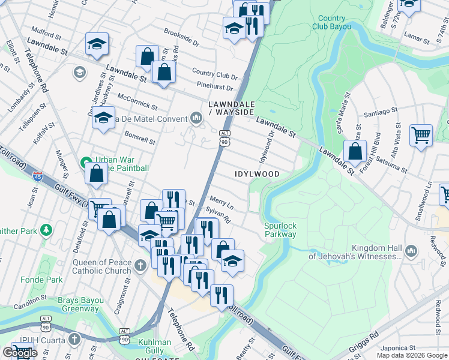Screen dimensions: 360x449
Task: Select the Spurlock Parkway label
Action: (281, 230)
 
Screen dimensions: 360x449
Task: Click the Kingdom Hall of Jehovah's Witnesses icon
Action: (411, 251)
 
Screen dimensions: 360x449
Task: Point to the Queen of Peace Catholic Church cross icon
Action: (140, 265)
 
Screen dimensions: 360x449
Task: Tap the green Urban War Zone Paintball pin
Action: (86, 163)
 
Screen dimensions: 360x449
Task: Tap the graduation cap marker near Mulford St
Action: (97, 44)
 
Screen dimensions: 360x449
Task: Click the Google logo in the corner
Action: (20, 353)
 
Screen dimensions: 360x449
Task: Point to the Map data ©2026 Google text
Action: (412, 355)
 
